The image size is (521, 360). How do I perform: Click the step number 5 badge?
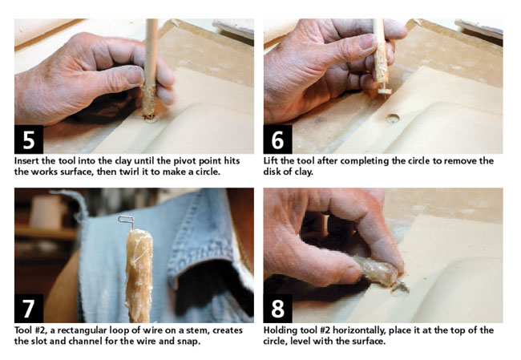(29, 140)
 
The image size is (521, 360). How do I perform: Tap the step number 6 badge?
(278, 140)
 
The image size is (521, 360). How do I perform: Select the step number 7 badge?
(29, 308)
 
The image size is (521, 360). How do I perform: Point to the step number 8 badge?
(278, 308)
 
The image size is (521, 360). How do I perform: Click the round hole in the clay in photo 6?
(393, 118)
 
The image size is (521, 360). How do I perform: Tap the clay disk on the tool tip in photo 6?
(384, 91)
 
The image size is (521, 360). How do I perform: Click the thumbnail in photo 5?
(135, 75)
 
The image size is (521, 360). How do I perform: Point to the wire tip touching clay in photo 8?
(402, 287)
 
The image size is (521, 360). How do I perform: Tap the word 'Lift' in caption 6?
(271, 161)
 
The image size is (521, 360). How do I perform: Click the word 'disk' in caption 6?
(271, 172)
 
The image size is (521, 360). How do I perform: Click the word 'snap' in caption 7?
(191, 342)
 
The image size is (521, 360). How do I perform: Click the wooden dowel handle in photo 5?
(151, 67)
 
